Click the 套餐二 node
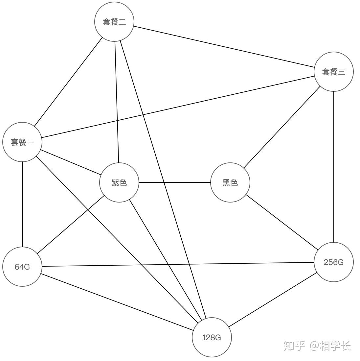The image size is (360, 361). click(x=114, y=22)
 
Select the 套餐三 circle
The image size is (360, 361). click(x=333, y=72)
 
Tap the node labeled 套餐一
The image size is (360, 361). click(x=22, y=142)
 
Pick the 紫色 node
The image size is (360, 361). click(x=119, y=182)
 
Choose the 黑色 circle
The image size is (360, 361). click(x=230, y=182)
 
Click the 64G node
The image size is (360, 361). click(x=22, y=266)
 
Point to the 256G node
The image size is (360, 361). click(x=333, y=262)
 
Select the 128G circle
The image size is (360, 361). click(x=212, y=337)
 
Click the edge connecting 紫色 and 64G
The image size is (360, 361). click(x=71, y=225)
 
